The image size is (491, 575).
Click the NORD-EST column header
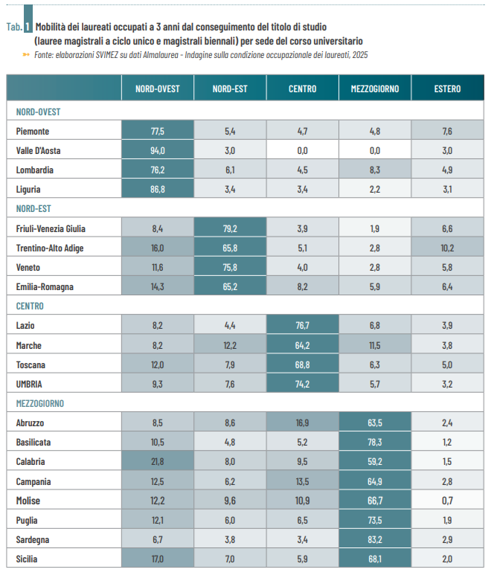pyautogui.click(x=230, y=89)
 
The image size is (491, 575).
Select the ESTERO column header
pyautogui.click(x=447, y=89)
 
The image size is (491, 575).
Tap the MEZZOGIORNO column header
pyautogui.click(x=375, y=89)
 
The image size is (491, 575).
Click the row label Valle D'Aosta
pyautogui.click(x=39, y=150)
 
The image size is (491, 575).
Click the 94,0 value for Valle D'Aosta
pyautogui.click(x=157, y=150)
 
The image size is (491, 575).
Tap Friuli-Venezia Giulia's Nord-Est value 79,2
pyautogui.click(x=230, y=228)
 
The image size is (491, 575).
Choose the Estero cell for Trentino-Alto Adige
pyautogui.click(x=447, y=248)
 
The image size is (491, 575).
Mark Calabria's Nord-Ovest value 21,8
pyautogui.click(x=157, y=461)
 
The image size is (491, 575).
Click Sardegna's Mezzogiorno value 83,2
pyautogui.click(x=375, y=539)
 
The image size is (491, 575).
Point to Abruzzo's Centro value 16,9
pyautogui.click(x=303, y=423)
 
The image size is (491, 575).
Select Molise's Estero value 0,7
pyautogui.click(x=447, y=500)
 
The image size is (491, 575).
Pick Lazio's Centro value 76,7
pyautogui.click(x=303, y=326)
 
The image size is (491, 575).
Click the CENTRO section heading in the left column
pyautogui.click(x=30, y=306)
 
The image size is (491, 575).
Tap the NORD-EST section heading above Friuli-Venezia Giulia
pyautogui.click(x=33, y=209)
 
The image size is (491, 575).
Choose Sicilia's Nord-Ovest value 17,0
pyautogui.click(x=157, y=558)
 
